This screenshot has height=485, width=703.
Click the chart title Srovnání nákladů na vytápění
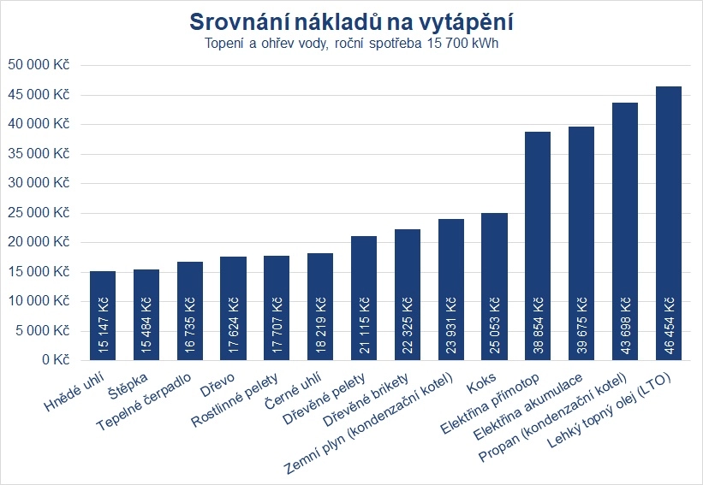pyautogui.click(x=351, y=21)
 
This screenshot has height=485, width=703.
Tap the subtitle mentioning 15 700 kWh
pyautogui.click(x=351, y=44)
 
